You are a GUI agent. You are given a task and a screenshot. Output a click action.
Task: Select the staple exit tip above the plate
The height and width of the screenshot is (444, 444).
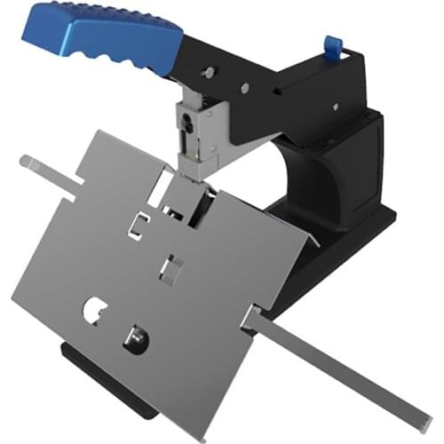[188, 171]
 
